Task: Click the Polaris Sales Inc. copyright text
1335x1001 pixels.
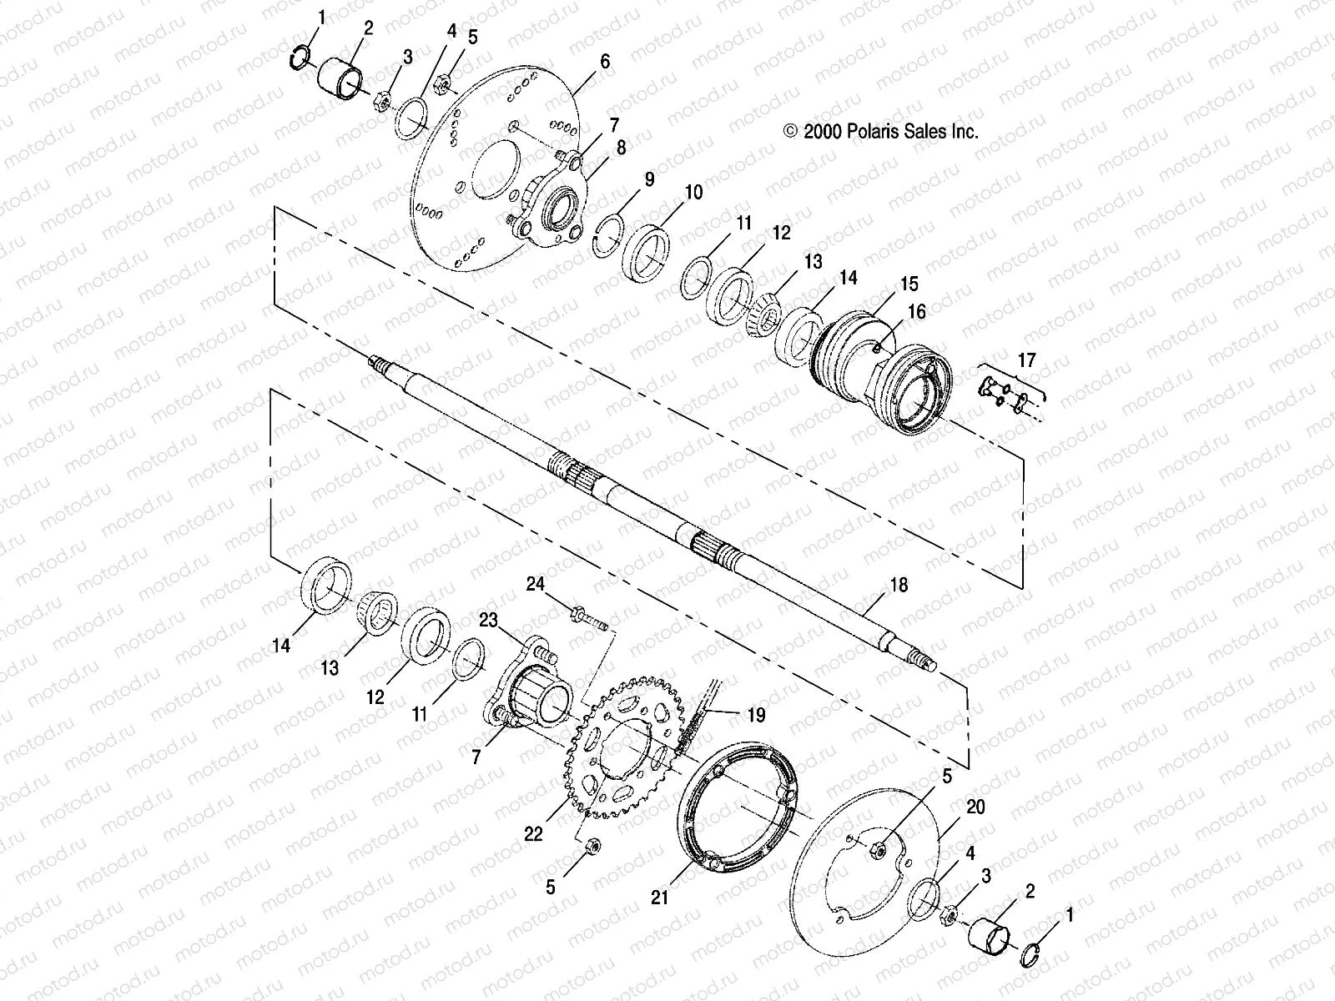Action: coord(879,131)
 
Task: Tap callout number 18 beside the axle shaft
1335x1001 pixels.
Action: coord(898,586)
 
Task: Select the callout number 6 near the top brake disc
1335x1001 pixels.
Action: coord(605,62)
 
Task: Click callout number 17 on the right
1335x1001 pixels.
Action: coord(1025,360)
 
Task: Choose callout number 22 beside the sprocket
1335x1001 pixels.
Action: coord(534,833)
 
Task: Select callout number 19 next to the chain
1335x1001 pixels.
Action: coord(756,715)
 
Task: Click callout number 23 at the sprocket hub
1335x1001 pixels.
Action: coord(488,620)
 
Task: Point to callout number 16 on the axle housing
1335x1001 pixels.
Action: coord(916,312)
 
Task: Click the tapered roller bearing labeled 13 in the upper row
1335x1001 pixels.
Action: coord(766,307)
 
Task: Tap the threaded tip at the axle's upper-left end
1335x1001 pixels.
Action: coord(380,364)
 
